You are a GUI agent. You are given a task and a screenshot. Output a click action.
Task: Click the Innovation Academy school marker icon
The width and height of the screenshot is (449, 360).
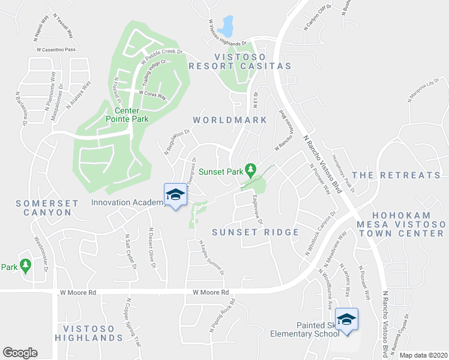175,194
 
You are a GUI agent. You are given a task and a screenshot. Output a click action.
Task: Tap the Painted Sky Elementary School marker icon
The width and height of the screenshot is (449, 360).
346,319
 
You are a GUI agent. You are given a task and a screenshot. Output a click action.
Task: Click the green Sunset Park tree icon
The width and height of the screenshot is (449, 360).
252,170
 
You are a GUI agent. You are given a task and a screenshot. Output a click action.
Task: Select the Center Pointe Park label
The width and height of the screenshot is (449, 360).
123,115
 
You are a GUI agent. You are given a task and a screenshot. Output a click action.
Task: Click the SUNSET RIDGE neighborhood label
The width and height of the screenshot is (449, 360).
256,232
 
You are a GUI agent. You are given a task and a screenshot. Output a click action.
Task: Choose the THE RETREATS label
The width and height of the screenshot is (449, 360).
396,175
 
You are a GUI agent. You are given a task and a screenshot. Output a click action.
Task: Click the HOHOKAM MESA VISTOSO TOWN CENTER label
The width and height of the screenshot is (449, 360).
408,224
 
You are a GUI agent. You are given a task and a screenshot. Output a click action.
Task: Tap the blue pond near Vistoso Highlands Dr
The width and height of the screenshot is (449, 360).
226,26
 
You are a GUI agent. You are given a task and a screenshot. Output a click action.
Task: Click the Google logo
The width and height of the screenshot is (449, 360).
20,353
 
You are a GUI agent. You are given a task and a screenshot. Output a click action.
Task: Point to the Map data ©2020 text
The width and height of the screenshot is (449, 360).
423,355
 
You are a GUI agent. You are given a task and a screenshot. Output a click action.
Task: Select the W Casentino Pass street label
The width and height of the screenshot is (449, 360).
57,50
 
